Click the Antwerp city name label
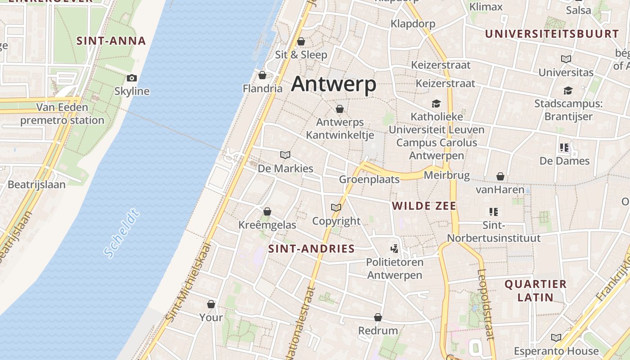tap(333, 84)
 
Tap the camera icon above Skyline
tap(131, 78)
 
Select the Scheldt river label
tap(121, 233)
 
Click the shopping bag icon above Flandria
tap(262, 75)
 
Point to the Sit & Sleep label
tap(301, 55)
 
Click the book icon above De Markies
tap(285, 155)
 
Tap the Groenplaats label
tap(369, 180)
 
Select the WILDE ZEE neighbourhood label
tap(424, 206)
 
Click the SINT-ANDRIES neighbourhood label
tap(311, 249)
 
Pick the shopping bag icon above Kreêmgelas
tap(267, 211)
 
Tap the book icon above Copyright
tap(336, 208)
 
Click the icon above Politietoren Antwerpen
tap(394, 248)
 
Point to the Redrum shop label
tap(378, 331)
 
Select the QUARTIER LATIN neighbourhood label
tap(535, 291)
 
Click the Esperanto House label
tap(556, 351)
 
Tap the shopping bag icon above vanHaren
tap(500, 176)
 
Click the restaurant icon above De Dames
tap(564, 148)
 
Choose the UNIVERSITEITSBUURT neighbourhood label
tap(552, 34)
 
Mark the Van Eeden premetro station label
tap(62, 114)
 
